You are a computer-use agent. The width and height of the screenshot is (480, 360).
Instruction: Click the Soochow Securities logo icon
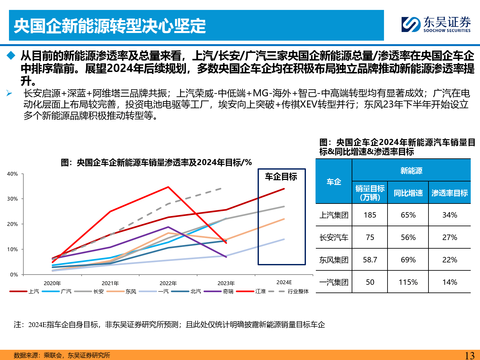coord(411,25)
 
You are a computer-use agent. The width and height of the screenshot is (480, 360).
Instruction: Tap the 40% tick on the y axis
coord(12,174)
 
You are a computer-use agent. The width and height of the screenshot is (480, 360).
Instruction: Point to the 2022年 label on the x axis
coord(168,283)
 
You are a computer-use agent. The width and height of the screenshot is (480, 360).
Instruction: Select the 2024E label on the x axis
coord(284,282)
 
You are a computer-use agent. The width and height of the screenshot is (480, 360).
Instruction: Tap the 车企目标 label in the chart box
coord(281,177)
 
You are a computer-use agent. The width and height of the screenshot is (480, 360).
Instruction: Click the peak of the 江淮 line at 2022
coord(168,187)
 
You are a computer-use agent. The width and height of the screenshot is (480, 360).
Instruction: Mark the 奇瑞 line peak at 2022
coord(168,227)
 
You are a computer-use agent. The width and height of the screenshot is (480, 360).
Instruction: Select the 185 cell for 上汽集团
coord(370,215)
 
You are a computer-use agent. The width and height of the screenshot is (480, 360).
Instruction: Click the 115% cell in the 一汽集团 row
coord(408,282)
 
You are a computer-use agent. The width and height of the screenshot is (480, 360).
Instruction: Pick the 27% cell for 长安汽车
coord(450,237)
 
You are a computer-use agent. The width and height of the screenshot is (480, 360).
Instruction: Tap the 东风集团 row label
coord(334,260)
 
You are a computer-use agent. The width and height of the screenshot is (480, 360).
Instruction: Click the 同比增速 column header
coord(408,193)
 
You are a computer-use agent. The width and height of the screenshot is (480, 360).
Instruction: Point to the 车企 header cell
coord(334,182)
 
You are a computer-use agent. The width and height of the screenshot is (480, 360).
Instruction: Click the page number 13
coord(469,355)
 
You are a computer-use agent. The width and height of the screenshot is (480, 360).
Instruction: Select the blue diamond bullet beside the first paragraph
coord(11,56)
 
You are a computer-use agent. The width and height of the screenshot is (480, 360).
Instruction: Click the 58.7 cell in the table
coord(370,260)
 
